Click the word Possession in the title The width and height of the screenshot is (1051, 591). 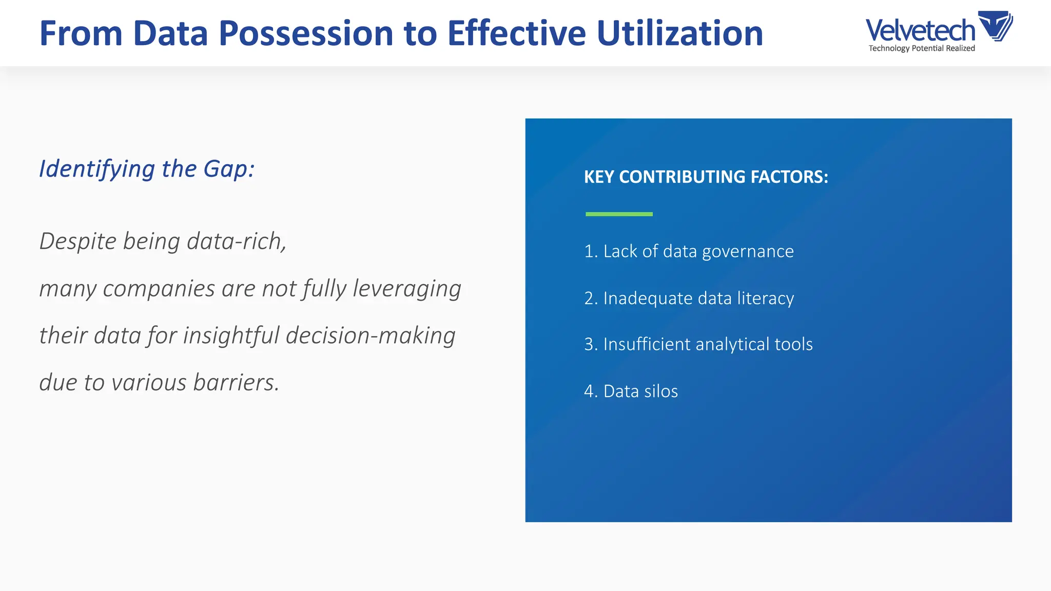(306, 34)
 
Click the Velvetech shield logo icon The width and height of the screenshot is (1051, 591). (995, 26)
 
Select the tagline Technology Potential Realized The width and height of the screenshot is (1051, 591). (921, 48)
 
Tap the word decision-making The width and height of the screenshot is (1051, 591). (371, 336)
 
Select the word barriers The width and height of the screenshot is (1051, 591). (236, 383)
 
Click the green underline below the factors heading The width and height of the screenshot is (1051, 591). (619, 214)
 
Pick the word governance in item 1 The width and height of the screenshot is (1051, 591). (747, 251)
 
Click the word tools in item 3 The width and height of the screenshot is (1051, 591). (793, 344)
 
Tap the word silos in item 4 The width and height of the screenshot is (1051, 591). (658, 391)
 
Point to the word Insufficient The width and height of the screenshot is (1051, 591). (647, 344)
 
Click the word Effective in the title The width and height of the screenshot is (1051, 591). (516, 34)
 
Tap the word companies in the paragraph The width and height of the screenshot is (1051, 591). (159, 289)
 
